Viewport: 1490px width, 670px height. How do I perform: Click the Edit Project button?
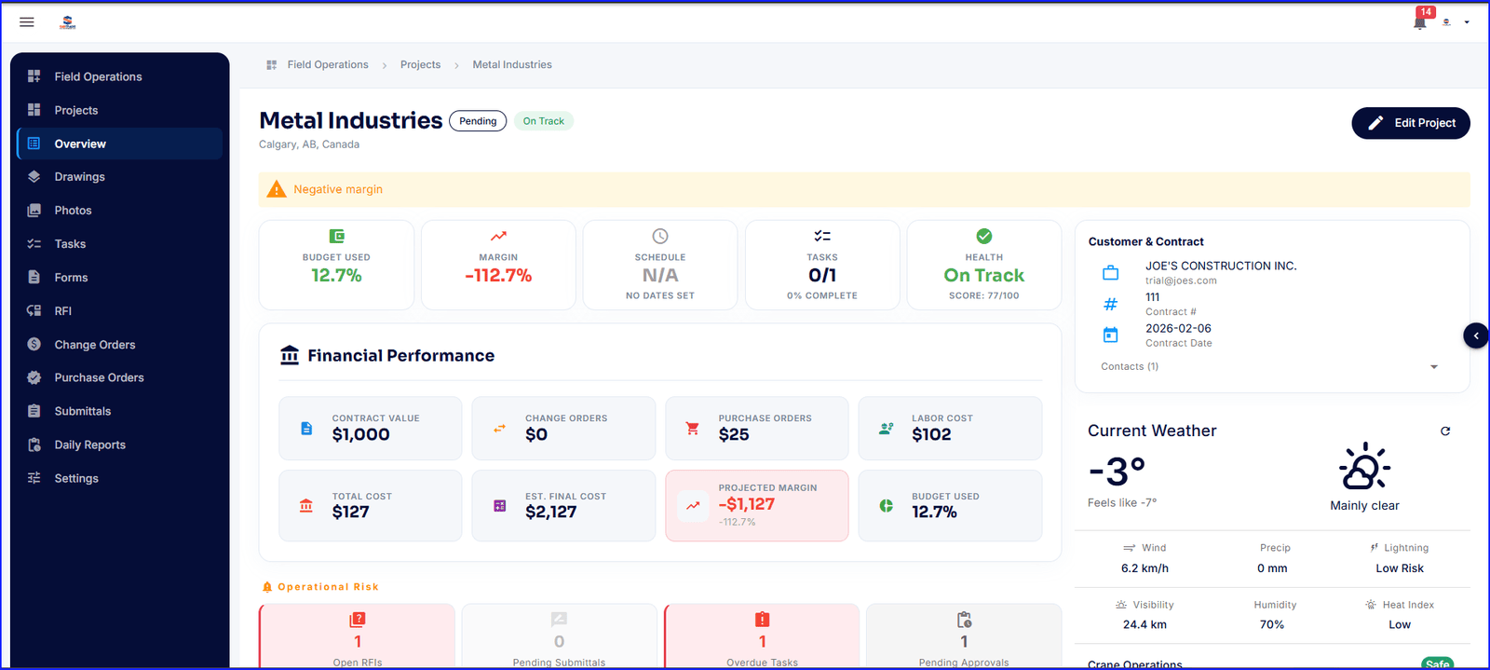click(1410, 123)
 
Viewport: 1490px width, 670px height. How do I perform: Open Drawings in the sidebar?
click(79, 177)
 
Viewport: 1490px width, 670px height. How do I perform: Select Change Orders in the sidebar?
click(94, 345)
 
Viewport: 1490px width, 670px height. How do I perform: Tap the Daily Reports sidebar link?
click(89, 444)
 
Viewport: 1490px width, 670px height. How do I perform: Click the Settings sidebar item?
click(75, 478)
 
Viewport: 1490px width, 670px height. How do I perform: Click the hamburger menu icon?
click(27, 21)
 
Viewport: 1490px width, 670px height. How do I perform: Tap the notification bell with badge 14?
click(1419, 21)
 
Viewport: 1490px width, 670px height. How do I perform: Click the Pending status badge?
click(478, 121)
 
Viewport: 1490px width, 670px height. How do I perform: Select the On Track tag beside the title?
click(543, 121)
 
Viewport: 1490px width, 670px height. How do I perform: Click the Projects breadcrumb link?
click(420, 65)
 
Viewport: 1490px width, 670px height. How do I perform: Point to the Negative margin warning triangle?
click(277, 189)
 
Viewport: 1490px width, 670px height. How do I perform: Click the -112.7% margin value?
click(498, 276)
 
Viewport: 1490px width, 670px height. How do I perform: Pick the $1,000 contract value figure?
click(360, 434)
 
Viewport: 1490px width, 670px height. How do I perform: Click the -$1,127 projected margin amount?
click(747, 504)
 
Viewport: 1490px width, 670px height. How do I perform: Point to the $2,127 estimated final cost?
click(550, 512)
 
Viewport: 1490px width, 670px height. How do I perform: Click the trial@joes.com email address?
click(1181, 280)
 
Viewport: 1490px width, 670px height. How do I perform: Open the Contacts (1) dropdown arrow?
click(1434, 367)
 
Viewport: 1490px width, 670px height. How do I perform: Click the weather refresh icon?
click(1445, 431)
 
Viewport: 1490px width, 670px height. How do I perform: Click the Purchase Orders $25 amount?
click(734, 434)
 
